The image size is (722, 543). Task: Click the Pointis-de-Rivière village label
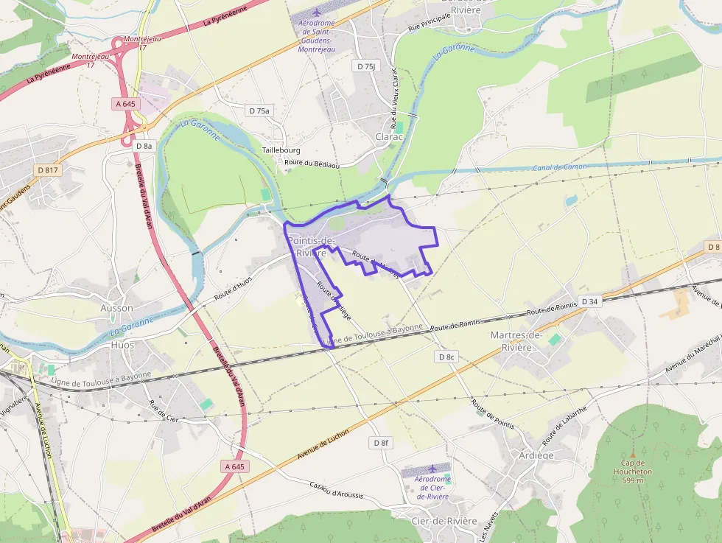click(x=311, y=247)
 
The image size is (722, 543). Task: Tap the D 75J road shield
click(x=365, y=66)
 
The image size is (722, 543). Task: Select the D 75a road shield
click(x=259, y=111)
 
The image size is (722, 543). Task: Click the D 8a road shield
click(x=144, y=146)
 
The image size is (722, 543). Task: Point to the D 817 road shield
click(x=49, y=170)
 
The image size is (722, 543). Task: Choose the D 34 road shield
click(x=589, y=301)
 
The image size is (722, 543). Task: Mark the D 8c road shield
click(x=446, y=357)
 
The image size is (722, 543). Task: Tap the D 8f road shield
click(x=380, y=443)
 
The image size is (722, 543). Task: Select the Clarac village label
click(x=390, y=137)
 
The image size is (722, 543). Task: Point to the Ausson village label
click(x=117, y=308)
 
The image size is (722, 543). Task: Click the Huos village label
click(x=122, y=344)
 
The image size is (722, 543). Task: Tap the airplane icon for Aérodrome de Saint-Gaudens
click(x=317, y=13)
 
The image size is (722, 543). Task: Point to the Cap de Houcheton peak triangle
click(x=632, y=455)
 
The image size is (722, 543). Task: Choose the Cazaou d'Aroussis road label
click(x=336, y=491)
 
